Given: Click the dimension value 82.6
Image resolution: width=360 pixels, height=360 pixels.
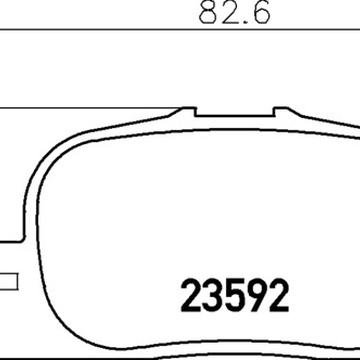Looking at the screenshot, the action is [235, 13].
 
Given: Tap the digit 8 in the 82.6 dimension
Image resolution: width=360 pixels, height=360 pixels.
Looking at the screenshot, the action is [207, 13].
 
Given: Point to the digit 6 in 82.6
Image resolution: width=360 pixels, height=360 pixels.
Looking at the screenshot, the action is [261, 13].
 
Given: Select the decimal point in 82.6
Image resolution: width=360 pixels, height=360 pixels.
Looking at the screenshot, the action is [244, 21].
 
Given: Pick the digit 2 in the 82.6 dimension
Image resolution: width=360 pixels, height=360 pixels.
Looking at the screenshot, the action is [228, 13].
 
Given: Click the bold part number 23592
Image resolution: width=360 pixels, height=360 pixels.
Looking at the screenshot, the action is [235, 296].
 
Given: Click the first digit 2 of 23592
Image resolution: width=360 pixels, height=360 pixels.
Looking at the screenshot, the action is [191, 296].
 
